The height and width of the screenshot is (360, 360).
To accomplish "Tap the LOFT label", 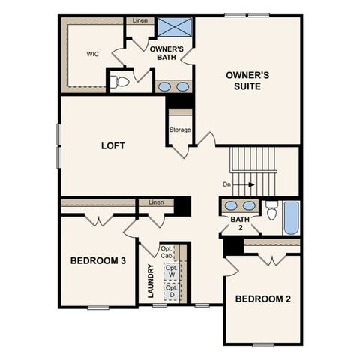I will (x=112, y=145).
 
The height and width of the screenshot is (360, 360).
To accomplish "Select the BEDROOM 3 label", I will (x=97, y=260).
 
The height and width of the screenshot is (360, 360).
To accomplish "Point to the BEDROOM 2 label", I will (x=262, y=298).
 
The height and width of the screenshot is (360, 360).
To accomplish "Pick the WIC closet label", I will (x=93, y=54).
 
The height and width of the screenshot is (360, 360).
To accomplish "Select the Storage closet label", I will (x=180, y=130).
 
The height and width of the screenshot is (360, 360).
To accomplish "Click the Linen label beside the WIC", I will (x=139, y=20).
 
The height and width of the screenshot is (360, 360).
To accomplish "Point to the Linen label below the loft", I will (x=156, y=202).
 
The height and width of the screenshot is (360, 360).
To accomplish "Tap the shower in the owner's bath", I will (x=172, y=27).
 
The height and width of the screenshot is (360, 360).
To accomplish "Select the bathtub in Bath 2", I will (x=291, y=217).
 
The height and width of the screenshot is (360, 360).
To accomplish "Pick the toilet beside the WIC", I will (x=120, y=79).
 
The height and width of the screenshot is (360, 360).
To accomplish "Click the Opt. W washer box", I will (x=172, y=271).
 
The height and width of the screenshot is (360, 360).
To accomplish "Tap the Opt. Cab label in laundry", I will (x=166, y=251).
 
